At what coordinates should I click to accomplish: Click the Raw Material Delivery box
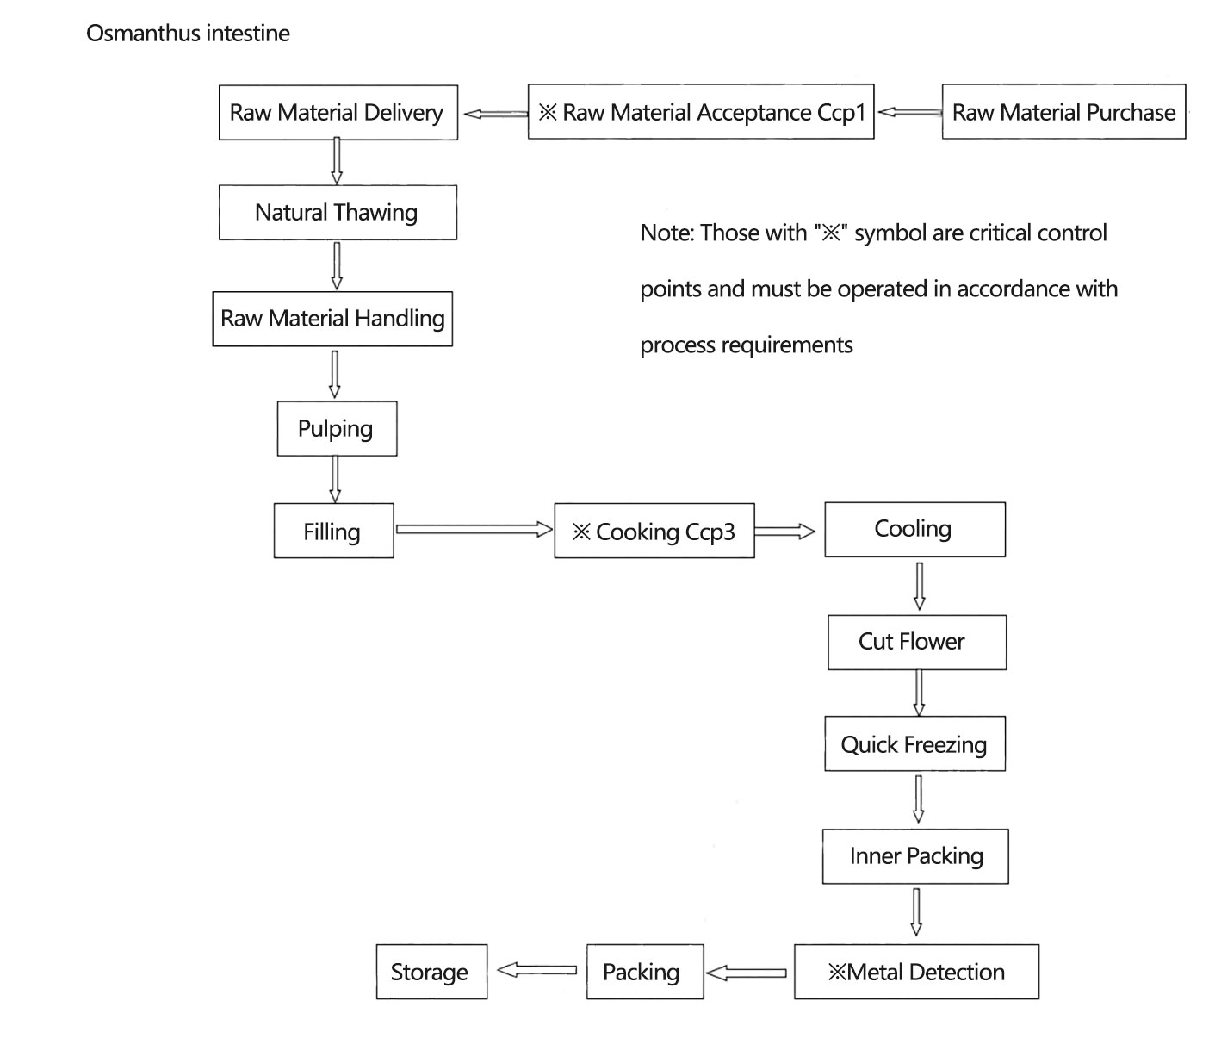coord(338,112)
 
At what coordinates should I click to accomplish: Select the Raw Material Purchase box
coord(1063,112)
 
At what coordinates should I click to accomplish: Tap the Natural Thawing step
coord(338,212)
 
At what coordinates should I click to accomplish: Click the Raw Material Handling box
coord(332,319)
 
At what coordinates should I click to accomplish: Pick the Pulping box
coord(337,429)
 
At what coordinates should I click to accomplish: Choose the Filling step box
coord(333,531)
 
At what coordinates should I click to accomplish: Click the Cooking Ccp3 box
coord(654,531)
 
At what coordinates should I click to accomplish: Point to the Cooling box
coord(914,530)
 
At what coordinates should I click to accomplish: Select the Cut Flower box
coord(916,643)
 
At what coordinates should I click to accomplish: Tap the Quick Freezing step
coord(914,743)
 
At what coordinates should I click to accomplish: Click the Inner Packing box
coord(915,856)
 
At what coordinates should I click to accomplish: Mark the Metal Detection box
coord(916,972)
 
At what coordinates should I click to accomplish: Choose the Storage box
coord(431,972)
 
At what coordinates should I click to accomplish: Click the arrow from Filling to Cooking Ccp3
coord(474,529)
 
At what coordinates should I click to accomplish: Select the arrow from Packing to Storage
coord(536,970)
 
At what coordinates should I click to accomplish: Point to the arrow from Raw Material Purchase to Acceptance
coord(909,112)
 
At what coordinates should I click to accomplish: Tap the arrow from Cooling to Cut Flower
coord(919,587)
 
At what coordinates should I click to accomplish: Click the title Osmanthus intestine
coord(188,33)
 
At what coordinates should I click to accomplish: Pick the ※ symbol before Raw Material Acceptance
coord(548,112)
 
